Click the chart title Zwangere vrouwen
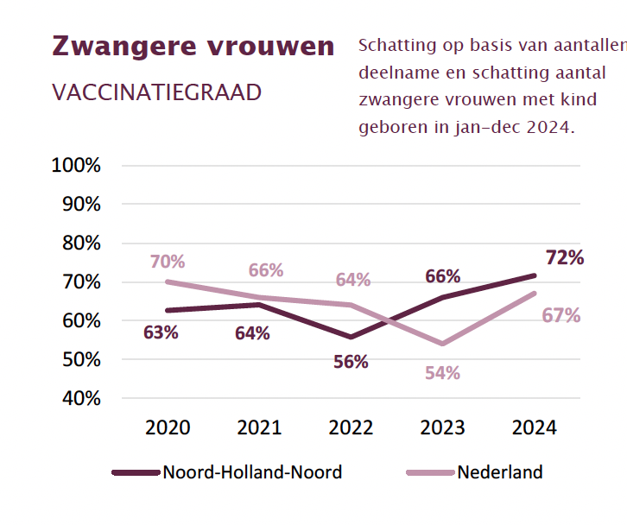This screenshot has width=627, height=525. (x=193, y=46)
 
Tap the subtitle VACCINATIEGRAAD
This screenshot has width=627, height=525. (x=156, y=92)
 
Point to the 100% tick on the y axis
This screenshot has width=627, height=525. (x=77, y=165)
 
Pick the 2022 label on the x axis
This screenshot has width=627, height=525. (x=351, y=427)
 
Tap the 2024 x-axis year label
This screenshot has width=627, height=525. (x=535, y=427)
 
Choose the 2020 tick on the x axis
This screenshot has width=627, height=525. (x=168, y=427)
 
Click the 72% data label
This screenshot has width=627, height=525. (x=565, y=257)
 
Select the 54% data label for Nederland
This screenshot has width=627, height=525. (x=442, y=373)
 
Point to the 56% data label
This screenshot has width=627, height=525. (x=351, y=362)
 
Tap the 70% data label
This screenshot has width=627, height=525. (x=168, y=261)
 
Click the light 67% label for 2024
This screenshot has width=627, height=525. (x=560, y=316)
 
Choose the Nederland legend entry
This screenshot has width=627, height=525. (x=500, y=472)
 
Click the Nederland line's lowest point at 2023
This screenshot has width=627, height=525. (x=442, y=344)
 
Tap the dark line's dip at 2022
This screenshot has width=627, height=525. (x=351, y=336)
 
